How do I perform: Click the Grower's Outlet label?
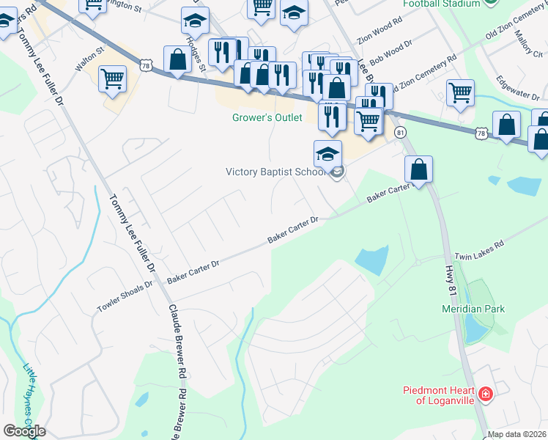pos(267,118)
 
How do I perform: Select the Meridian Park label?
pos(473,309)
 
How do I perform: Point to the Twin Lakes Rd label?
pos(480,250)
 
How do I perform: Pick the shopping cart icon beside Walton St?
pos(112,78)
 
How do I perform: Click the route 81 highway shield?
pos(400,132)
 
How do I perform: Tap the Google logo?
pos(24,431)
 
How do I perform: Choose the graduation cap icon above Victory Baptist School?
pos(327,153)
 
